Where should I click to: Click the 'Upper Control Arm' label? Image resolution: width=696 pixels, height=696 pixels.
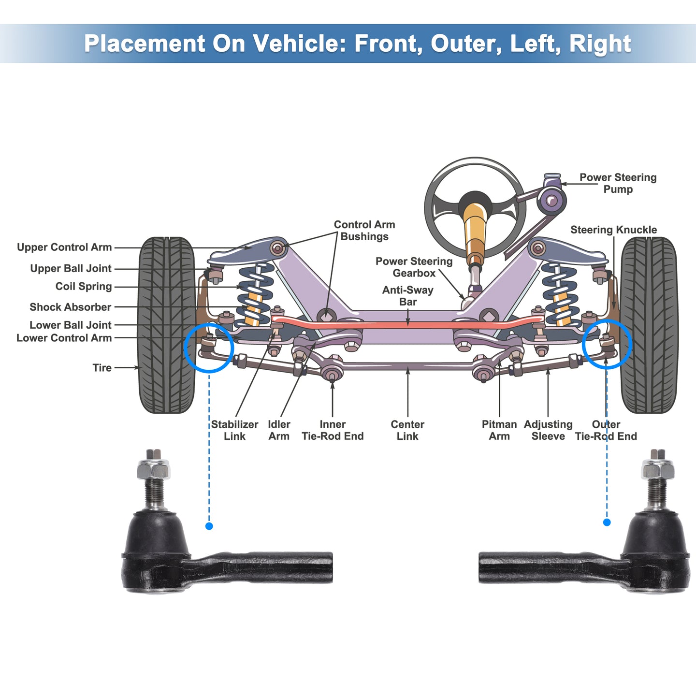(64, 247)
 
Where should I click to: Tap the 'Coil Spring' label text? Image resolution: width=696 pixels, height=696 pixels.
(84, 287)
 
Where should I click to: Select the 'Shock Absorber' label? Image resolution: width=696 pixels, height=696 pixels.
(71, 307)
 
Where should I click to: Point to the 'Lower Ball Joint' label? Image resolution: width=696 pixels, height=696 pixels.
(71, 325)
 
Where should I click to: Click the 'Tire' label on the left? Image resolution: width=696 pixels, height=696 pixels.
(102, 368)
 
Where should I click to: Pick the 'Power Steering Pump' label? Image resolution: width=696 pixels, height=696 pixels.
(618, 183)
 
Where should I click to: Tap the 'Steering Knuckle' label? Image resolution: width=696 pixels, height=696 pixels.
(614, 230)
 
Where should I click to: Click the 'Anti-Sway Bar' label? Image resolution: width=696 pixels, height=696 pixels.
(408, 296)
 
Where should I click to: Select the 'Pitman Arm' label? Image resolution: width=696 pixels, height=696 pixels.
(499, 430)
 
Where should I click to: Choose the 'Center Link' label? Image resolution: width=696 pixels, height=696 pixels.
(407, 430)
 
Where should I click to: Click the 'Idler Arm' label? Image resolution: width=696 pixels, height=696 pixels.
(279, 430)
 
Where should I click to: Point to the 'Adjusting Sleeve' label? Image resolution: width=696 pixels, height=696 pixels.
(548, 430)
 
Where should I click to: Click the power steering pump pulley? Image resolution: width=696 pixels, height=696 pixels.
(551, 200)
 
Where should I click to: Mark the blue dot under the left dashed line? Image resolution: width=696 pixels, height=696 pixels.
(209, 526)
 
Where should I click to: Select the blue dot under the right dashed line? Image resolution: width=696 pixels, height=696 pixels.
(607, 522)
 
